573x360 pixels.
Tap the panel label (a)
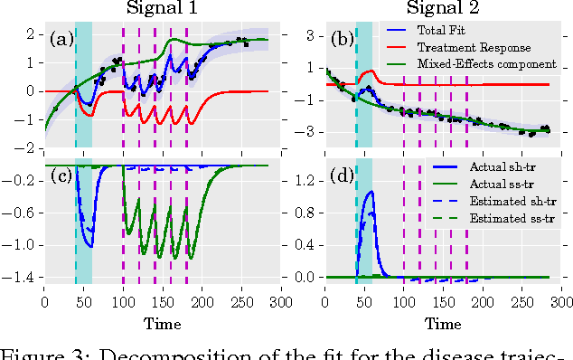(63, 39)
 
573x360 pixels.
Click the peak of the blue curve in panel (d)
(369, 192)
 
